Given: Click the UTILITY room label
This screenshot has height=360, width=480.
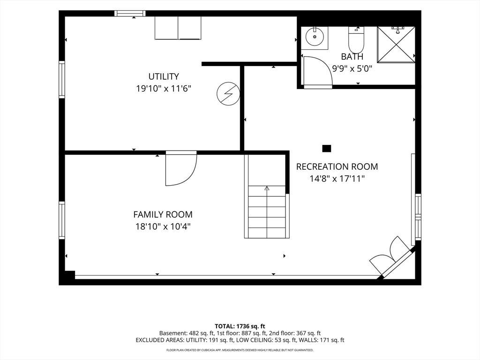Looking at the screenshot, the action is pyautogui.click(x=164, y=76).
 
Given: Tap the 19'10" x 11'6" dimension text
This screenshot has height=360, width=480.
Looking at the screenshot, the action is pyautogui.click(x=164, y=89).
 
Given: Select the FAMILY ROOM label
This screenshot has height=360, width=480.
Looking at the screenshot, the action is pyautogui.click(x=163, y=214).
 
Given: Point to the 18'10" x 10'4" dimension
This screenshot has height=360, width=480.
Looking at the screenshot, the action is pyautogui.click(x=163, y=227).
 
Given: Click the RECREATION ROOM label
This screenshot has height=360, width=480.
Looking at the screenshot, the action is pyautogui.click(x=337, y=166).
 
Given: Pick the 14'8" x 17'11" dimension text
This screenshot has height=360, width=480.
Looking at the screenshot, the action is pyautogui.click(x=337, y=179).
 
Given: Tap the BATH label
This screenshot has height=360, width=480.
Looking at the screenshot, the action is pyautogui.click(x=352, y=57).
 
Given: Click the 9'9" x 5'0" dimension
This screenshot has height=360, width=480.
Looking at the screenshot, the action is pyautogui.click(x=352, y=68).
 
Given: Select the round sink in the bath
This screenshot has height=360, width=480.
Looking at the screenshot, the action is pyautogui.click(x=315, y=37).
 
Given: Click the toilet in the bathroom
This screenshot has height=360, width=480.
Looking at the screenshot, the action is pyautogui.click(x=356, y=40).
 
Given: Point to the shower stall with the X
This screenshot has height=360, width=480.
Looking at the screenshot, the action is pyautogui.click(x=396, y=45).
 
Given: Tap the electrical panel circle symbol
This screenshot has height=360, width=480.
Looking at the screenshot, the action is pyautogui.click(x=228, y=94).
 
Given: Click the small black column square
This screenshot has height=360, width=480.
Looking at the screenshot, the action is pyautogui.click(x=327, y=149).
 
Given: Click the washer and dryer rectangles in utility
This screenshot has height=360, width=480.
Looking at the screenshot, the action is pyautogui.click(x=178, y=28).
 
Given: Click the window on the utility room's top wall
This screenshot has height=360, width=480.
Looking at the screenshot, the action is pyautogui.click(x=130, y=13).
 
